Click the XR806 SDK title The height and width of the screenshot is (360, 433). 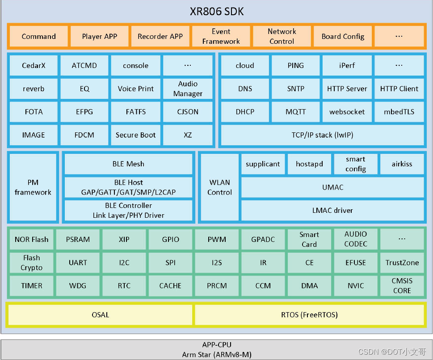pos(217,12)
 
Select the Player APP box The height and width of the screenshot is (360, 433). pos(99,37)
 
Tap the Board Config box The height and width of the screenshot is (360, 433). pos(343,37)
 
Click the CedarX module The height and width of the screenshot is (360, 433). pos(34,66)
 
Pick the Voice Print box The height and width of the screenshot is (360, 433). pos(135,89)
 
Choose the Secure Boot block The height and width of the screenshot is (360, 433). pos(135,135)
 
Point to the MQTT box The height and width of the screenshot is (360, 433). pos(295,112)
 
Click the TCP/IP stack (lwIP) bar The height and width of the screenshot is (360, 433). pos(322,135)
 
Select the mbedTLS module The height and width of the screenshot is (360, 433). pos(399,112)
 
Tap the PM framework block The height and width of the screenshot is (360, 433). pos(33,187)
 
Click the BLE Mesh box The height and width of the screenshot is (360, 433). pos(128,164)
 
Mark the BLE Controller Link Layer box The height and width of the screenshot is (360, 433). pos(128,211)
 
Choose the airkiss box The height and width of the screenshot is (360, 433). pos(402,164)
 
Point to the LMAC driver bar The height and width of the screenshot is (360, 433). pos(332,211)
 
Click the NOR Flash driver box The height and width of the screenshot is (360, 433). pos(31,239)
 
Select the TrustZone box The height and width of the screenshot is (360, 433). pos(402,263)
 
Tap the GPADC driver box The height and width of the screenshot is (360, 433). pos(263,239)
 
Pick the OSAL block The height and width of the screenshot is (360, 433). pos(100,315)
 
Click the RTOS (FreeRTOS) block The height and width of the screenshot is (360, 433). pos(309,315)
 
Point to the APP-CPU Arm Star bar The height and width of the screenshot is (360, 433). pos(217,350)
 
